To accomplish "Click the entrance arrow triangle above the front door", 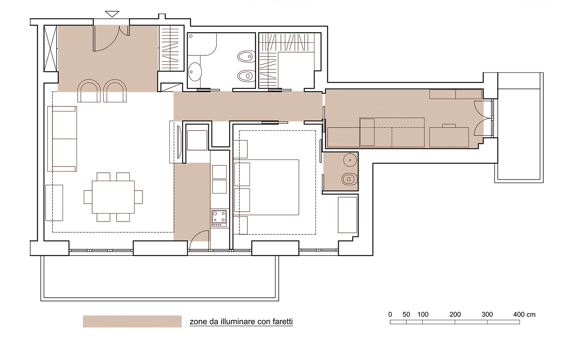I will pyautogui.click(x=112, y=14).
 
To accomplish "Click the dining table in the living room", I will pyautogui.click(x=113, y=197).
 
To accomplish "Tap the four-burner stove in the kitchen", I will pyautogui.click(x=219, y=218).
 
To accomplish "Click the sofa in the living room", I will pyautogui.click(x=62, y=139).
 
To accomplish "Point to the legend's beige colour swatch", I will pyautogui.click(x=132, y=321).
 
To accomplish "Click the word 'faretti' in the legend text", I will pyautogui.click(x=282, y=321).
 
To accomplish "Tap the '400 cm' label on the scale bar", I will pyautogui.click(x=524, y=314).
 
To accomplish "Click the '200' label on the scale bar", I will pyautogui.click(x=455, y=314).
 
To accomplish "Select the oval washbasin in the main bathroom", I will pyautogui.click(x=195, y=71).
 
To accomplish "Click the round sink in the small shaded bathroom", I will pyautogui.click(x=350, y=160).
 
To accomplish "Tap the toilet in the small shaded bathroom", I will pyautogui.click(x=349, y=179).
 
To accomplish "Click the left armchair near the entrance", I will pyautogui.click(x=89, y=91).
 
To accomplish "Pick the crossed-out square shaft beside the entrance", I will pyautogui.click(x=50, y=48).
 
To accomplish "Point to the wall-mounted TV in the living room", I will pyautogui.click(x=179, y=142).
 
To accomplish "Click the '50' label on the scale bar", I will pyautogui.click(x=406, y=314).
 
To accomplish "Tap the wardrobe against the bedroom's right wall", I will pyautogui.click(x=347, y=215).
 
